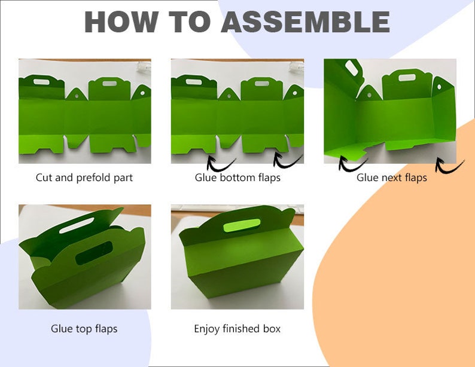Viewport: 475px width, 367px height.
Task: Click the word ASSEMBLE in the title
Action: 305,22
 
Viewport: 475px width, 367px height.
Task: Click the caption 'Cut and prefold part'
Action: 84,178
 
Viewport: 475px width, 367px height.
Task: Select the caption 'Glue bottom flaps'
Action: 237,178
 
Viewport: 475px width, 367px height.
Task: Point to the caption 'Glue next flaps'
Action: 392,178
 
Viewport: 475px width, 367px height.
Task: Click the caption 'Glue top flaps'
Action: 84,329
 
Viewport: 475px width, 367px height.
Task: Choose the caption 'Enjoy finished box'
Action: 237,329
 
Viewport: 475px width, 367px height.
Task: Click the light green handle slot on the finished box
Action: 242,225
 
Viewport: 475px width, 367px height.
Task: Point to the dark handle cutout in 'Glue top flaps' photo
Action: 94,253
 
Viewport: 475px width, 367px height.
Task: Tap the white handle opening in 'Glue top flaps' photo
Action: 77,226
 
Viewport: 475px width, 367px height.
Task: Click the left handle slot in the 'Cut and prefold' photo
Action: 41,82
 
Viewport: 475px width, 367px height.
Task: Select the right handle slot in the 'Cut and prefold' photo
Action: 109,83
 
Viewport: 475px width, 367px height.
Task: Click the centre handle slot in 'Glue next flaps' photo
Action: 407,78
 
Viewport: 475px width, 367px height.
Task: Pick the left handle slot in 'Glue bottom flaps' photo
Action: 194,82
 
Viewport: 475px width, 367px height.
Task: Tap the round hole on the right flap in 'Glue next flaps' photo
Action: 439,87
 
